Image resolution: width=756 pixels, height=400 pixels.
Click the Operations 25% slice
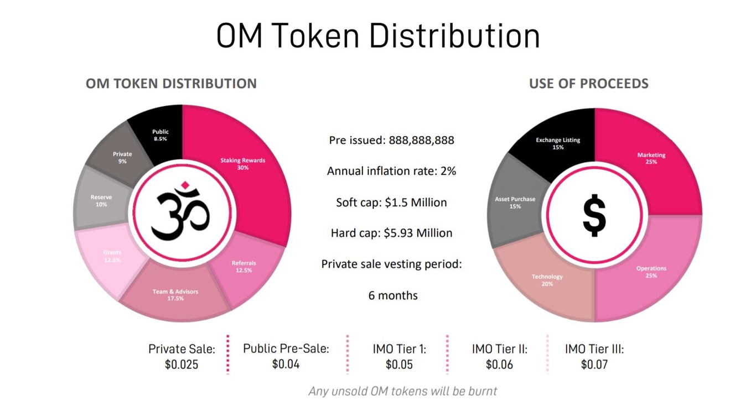click(x=650, y=271)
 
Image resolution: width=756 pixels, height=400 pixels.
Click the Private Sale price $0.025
click(x=182, y=365)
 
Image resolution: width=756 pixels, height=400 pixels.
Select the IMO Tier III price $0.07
click(x=594, y=365)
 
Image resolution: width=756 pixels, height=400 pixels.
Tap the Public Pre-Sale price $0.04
click(x=286, y=364)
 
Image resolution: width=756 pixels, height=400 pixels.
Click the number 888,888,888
click(x=421, y=141)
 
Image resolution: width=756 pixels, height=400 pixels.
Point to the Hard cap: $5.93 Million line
click(x=391, y=233)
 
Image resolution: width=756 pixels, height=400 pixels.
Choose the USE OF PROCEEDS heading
click(x=589, y=84)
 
